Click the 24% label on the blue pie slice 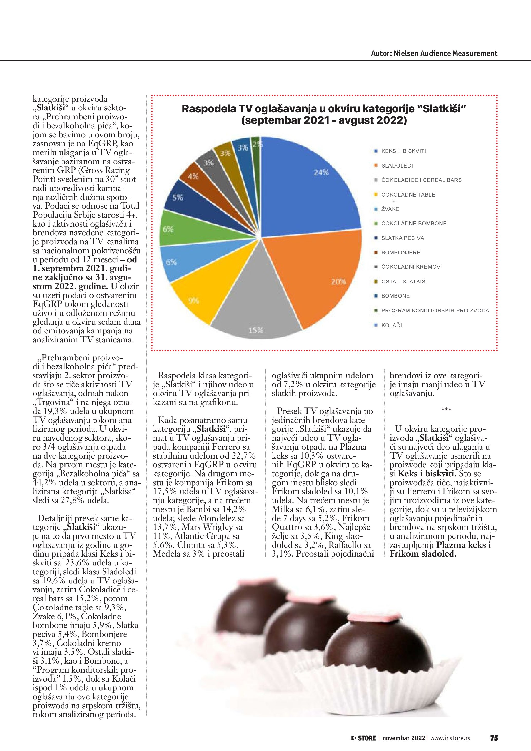321,172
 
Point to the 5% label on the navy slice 178,197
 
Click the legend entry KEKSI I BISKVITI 404,151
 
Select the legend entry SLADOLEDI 397,165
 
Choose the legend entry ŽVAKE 390,209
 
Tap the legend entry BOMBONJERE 401,253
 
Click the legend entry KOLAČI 392,325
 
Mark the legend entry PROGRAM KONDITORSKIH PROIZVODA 435,310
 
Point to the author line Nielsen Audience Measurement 434,54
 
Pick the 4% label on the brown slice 193,177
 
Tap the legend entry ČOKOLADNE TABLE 408,194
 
